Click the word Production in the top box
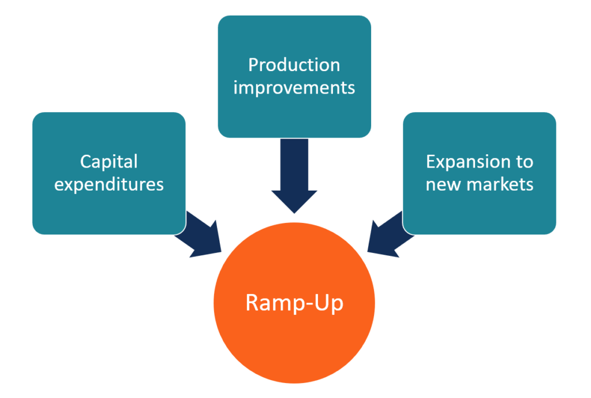[x=294, y=65]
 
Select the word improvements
[x=294, y=88]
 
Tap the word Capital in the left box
[x=109, y=161]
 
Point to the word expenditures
[x=109, y=184]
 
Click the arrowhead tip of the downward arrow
[x=294, y=211]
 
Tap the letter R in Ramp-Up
[x=252, y=303]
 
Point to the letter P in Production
[x=253, y=65]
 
